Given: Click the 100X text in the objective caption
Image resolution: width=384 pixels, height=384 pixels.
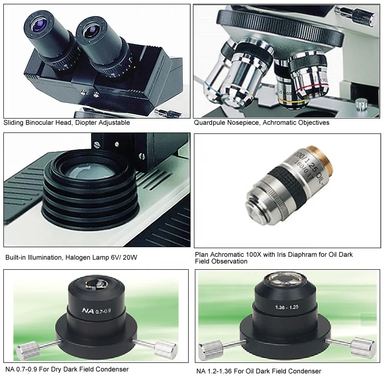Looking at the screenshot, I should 254,254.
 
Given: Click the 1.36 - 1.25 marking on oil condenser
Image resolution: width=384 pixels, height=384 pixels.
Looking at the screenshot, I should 287,306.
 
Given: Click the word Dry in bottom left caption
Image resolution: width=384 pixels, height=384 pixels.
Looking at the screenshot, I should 58,369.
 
